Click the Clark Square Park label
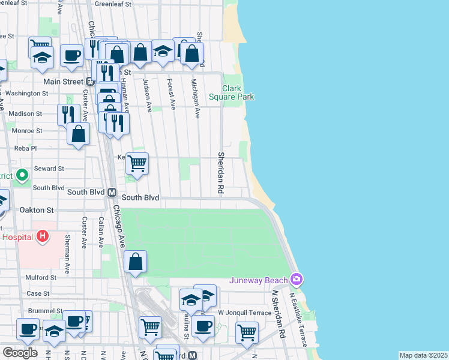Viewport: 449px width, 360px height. click(231, 92)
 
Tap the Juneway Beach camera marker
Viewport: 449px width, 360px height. click(296, 279)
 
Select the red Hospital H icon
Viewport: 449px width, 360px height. click(42, 236)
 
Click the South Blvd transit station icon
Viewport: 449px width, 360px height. click(111, 193)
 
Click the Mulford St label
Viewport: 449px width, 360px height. click(41, 278)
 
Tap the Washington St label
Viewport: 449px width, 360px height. click(27, 94)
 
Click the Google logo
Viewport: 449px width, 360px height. click(19, 352)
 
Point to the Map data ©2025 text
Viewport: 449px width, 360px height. click(424, 355)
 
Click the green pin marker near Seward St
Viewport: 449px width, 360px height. click(22, 175)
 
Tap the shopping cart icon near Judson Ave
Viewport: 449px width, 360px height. click(137, 163)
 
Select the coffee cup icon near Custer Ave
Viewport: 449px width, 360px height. click(71, 55)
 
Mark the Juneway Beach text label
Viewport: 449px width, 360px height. click(258, 280)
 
